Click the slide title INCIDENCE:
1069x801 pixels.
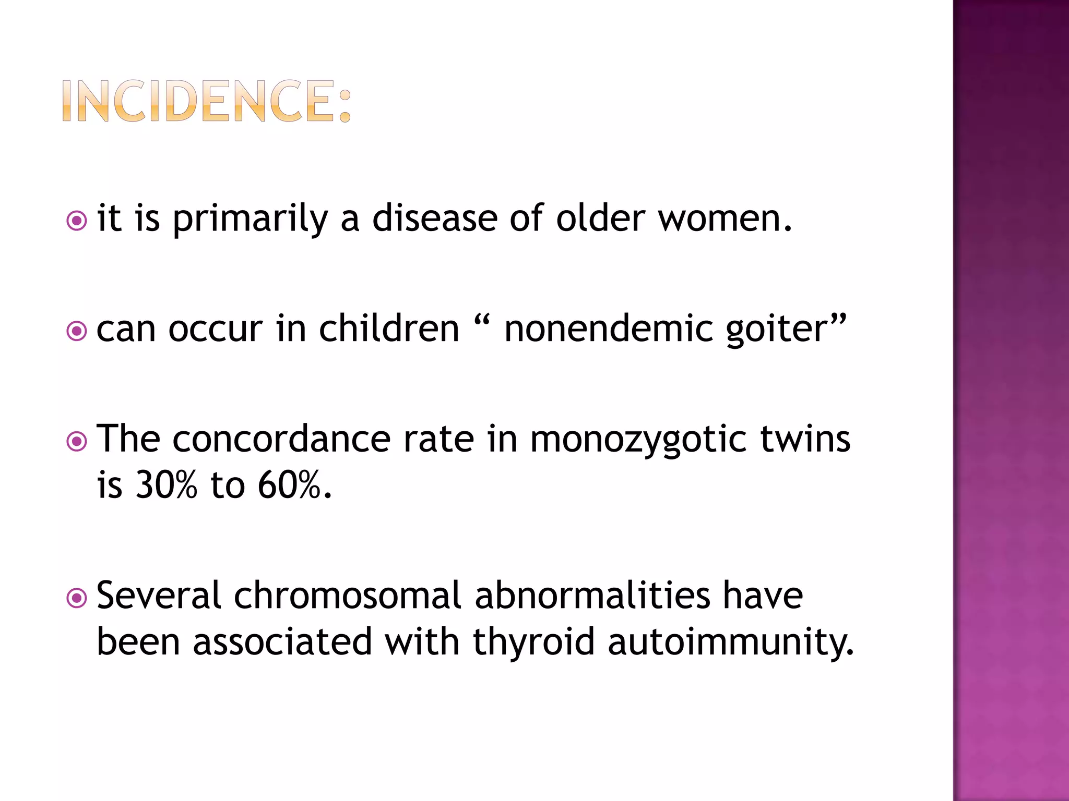coord(207,101)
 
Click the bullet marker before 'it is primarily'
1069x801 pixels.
coord(77,221)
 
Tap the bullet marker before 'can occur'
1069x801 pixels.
coord(77,331)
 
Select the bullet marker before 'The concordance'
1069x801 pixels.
coord(77,442)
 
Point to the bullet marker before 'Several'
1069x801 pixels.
coord(77,598)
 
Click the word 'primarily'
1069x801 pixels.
coord(250,219)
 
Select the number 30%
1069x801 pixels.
coord(167,485)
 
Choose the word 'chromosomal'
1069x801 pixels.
coord(348,596)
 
